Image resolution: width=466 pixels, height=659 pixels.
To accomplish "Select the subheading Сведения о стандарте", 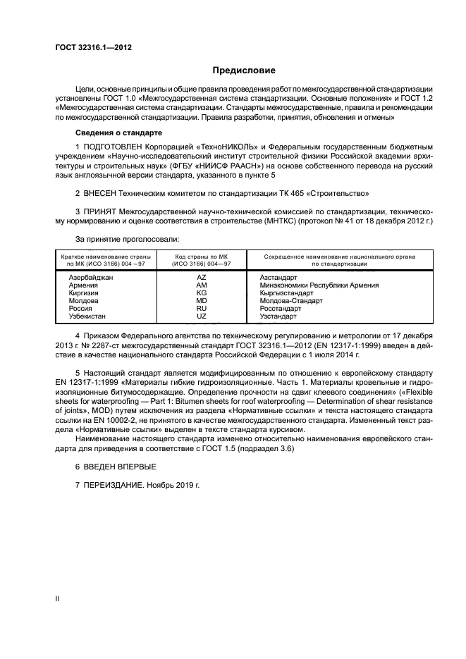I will point(119,133).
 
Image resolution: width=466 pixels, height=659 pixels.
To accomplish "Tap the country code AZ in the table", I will point(201,277).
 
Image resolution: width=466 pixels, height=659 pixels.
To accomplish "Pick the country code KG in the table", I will point(201,292).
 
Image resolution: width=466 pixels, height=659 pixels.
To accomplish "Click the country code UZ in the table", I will point(201,316).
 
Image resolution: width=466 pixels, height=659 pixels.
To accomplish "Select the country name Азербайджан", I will point(91,277).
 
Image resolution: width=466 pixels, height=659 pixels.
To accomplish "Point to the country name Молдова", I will point(83,301).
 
